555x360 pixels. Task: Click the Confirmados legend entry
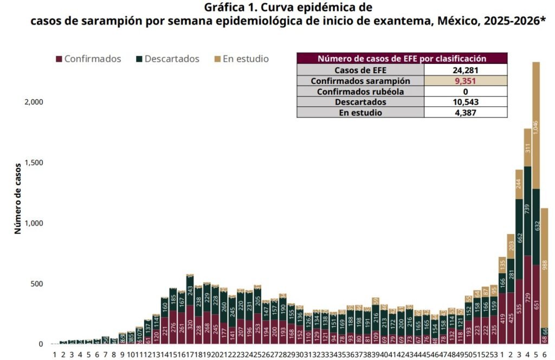pos(92,59)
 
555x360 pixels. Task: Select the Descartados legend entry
pos(168,59)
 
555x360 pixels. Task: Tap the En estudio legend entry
pos(245,59)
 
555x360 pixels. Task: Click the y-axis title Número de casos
pos(17,198)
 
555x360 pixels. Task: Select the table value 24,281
pos(465,70)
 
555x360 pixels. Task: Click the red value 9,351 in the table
pos(465,81)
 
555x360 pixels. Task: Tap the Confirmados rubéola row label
pos(360,92)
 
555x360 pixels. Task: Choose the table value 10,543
pos(465,102)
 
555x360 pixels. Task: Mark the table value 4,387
pos(465,113)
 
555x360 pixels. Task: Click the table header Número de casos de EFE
pos(402,59)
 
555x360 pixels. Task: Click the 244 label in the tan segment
pos(519,184)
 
